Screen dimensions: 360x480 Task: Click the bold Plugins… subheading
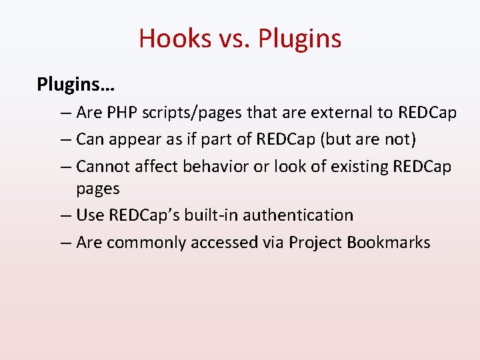pos(76,85)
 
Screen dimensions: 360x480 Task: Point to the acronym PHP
pos(121,113)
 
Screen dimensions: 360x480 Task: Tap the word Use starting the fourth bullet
pos(90,215)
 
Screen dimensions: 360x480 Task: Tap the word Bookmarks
pos(389,242)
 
